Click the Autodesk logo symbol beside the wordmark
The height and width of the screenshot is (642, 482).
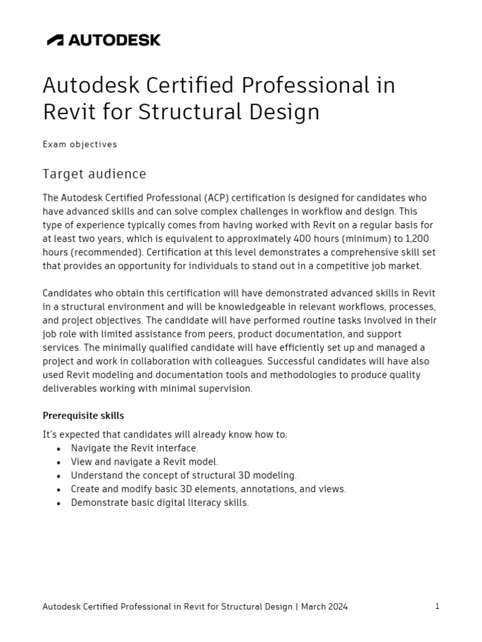coord(55,40)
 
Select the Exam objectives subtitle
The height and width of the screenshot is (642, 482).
coord(80,144)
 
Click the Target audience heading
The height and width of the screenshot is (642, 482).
coord(94,174)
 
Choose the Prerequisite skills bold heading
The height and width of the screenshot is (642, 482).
coord(83,416)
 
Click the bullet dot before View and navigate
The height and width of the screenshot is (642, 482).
coord(58,463)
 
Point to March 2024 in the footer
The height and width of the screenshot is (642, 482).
coord(325,607)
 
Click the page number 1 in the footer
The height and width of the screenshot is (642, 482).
coord(437,606)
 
